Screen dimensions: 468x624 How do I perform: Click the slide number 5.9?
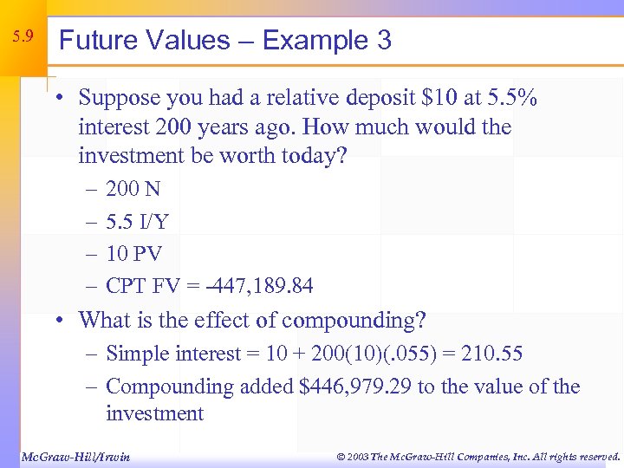(x=23, y=37)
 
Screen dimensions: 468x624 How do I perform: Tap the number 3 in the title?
(x=383, y=40)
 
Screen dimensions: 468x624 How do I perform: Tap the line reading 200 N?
(x=133, y=189)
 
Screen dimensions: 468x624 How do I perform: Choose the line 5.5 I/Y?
(x=137, y=221)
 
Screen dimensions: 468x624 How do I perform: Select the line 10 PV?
(x=133, y=253)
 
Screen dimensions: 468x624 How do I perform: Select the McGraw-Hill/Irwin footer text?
(x=75, y=456)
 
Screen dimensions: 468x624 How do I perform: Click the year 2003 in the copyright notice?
(x=356, y=456)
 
